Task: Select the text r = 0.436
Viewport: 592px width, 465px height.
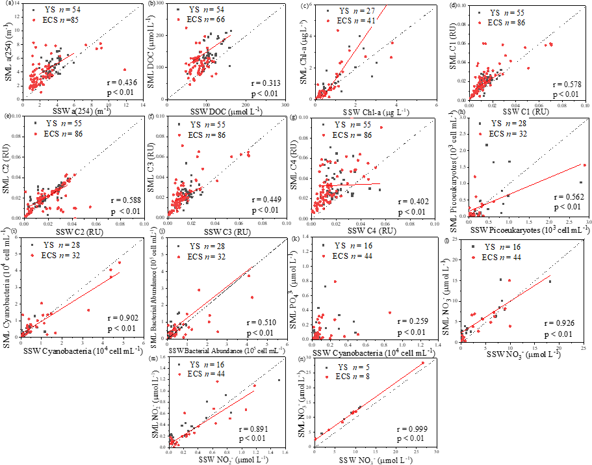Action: tap(124, 83)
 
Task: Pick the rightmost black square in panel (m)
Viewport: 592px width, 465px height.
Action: tap(279, 380)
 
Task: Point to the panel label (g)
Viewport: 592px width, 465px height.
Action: tap(297, 118)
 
